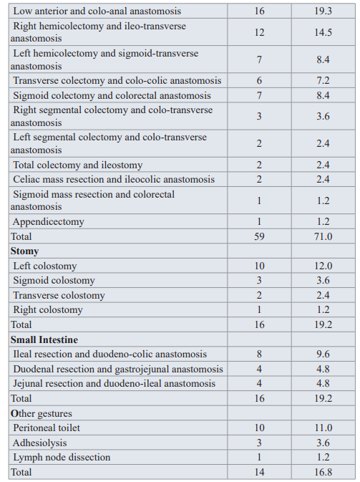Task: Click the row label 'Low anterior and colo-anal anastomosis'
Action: (x=97, y=11)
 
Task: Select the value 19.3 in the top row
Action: (x=323, y=11)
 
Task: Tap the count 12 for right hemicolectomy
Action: (x=259, y=32)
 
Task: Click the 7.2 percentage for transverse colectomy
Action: (x=323, y=80)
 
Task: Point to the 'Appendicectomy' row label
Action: (x=48, y=222)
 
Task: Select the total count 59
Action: (x=259, y=236)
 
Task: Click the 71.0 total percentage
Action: (x=323, y=236)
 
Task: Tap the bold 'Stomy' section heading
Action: (x=24, y=251)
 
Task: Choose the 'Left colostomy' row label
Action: (x=45, y=266)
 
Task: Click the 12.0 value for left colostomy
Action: (x=323, y=266)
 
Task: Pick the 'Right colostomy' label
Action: (x=48, y=310)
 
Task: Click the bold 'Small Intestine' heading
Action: (x=44, y=339)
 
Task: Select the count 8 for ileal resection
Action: (x=259, y=354)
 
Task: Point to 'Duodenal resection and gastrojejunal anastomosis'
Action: (x=118, y=369)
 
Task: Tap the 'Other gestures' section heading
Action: (x=42, y=414)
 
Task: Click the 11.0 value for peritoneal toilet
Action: (x=323, y=428)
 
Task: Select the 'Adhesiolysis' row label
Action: (x=39, y=443)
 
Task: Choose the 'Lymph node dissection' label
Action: (x=62, y=458)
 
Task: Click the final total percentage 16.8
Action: (x=323, y=472)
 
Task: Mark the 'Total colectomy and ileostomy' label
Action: (x=78, y=165)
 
